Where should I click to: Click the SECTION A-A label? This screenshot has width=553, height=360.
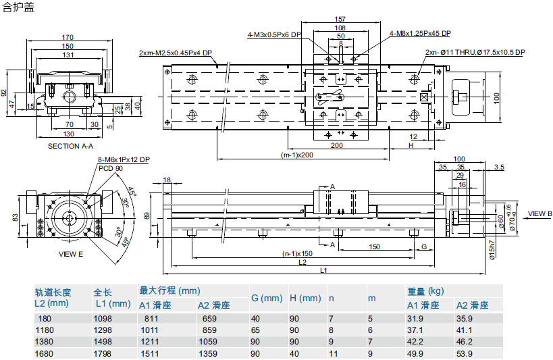coord(70,146)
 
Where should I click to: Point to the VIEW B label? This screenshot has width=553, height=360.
coord(539,213)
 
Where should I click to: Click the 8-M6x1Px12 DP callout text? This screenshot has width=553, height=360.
coord(124,159)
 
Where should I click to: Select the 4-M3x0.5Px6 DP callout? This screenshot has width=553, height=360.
coord(273,34)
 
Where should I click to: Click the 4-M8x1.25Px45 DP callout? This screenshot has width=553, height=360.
coord(420,33)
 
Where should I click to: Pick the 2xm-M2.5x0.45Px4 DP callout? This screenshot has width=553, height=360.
coord(175,53)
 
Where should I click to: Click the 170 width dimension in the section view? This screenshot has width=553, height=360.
coord(68,36)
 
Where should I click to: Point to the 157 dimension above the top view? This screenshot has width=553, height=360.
coord(340,18)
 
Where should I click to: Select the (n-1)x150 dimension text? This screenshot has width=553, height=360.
coord(298,254)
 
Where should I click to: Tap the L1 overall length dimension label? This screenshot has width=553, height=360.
coord(323,271)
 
